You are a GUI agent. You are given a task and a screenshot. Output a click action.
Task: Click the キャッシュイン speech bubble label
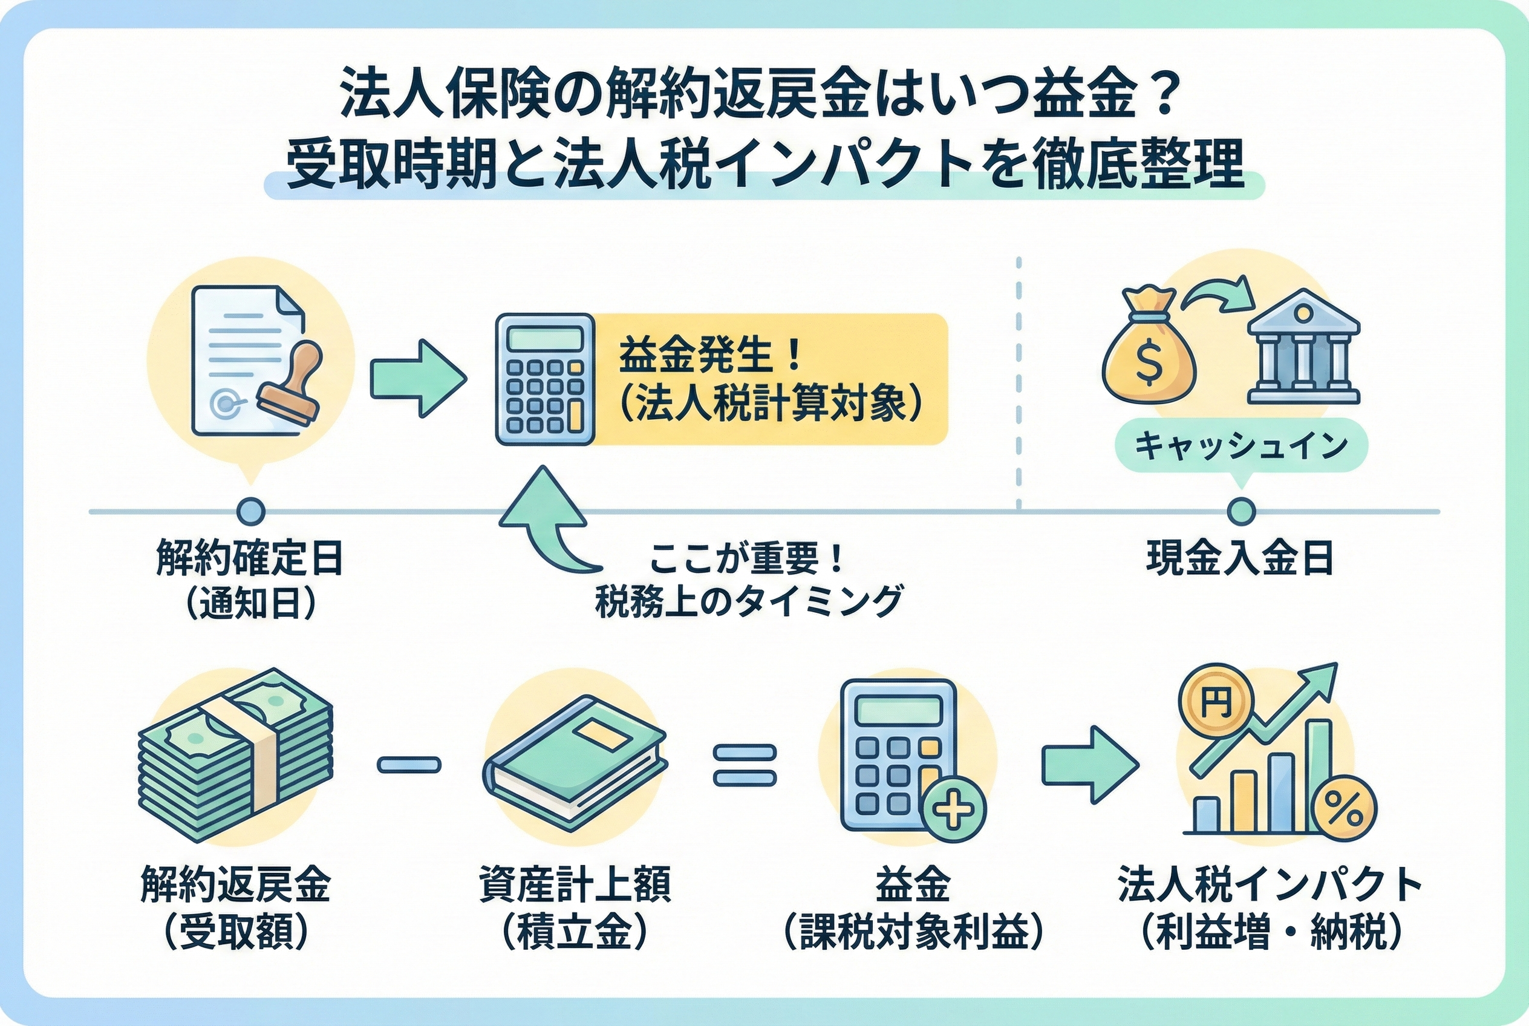(1241, 446)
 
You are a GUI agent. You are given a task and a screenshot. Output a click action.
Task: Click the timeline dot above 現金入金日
(1241, 511)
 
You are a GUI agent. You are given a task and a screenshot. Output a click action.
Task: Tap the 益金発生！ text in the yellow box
(710, 356)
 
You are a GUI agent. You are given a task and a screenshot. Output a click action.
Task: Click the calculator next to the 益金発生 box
(545, 379)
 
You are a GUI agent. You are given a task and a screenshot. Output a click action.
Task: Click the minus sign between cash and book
(409, 764)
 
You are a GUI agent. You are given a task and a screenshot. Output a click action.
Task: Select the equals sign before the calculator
(744, 764)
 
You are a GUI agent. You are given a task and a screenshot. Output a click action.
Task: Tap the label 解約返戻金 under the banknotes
(235, 885)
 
